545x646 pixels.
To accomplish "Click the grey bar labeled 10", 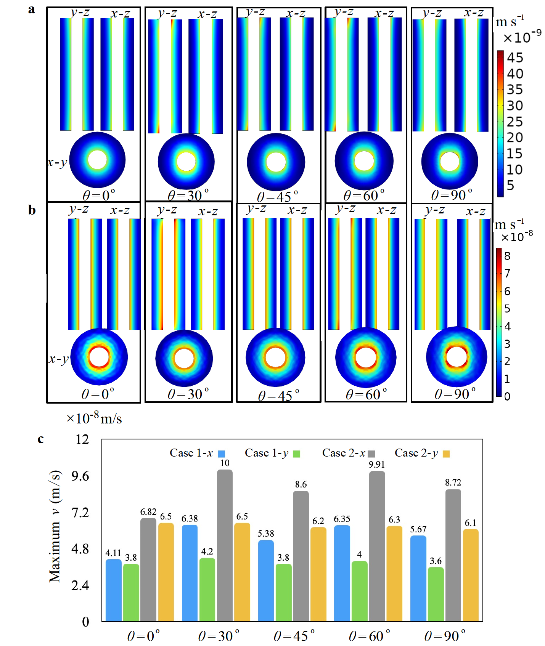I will click(225, 545).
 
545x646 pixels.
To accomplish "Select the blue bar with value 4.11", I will click(113, 590).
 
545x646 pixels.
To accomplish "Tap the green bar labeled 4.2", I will click(207, 589).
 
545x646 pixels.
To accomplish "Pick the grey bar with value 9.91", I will click(377, 546).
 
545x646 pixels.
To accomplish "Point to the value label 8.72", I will click(453, 482).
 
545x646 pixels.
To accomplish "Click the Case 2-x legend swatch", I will click(371, 454).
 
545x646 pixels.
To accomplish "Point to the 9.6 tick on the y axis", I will click(80, 476).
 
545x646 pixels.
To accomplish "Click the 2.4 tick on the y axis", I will click(80, 585).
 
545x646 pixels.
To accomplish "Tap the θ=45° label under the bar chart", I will click(294, 636).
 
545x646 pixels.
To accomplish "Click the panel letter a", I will click(32, 10).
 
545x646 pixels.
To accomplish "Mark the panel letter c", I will click(40, 439).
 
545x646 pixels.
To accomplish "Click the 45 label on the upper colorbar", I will click(515, 58).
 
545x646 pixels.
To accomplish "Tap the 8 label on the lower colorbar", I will click(507, 256).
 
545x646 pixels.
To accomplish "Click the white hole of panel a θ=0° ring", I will click(97, 160).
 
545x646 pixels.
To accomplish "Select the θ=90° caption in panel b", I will click(455, 394).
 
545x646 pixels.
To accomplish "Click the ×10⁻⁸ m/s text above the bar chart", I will click(94, 418).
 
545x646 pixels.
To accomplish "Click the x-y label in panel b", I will click(58, 359).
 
